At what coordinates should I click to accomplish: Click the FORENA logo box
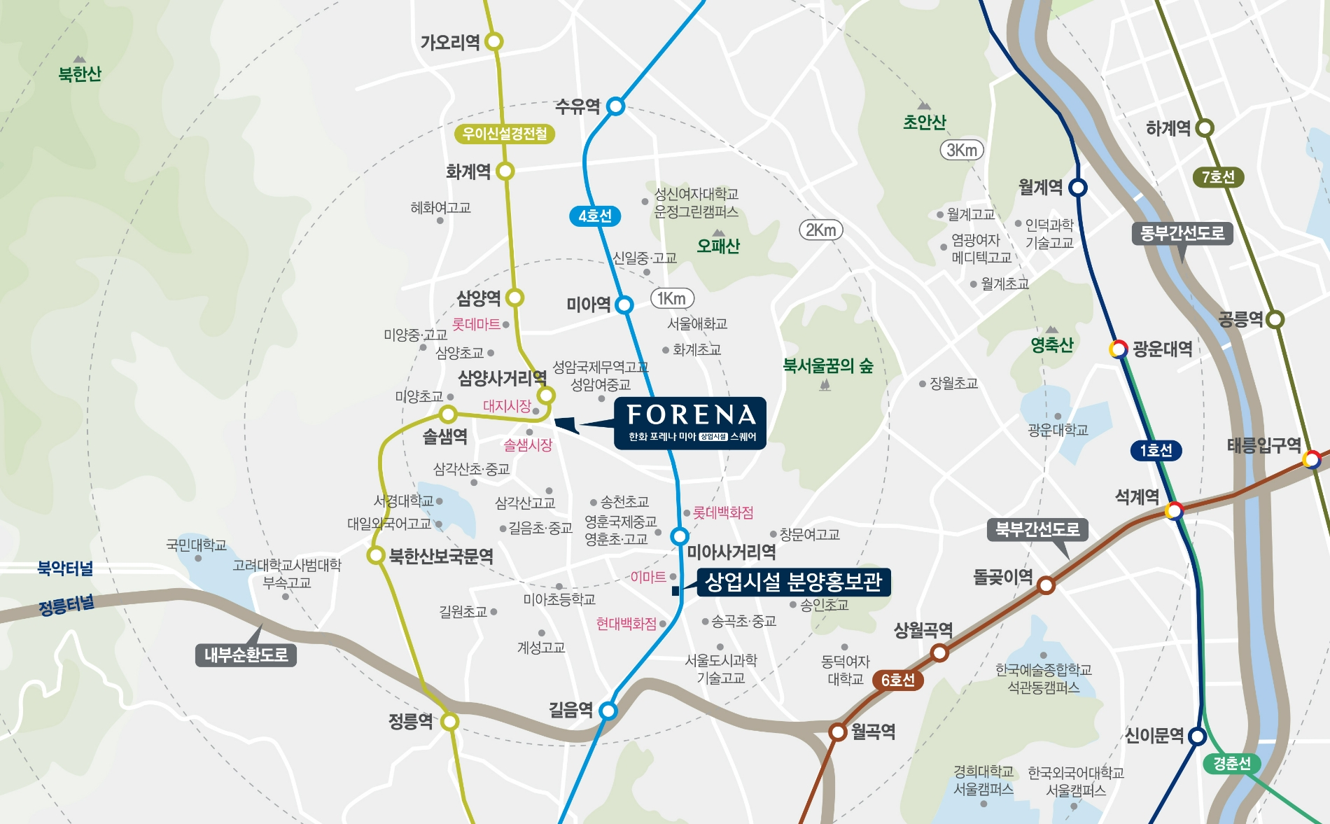tap(689, 423)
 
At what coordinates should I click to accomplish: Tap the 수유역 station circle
tap(615, 106)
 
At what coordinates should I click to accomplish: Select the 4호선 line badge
tap(595, 216)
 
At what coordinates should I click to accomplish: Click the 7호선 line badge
tap(1218, 177)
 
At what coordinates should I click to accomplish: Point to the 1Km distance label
tap(672, 298)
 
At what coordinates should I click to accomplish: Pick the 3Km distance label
tap(962, 150)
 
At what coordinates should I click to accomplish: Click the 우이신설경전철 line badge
tap(505, 134)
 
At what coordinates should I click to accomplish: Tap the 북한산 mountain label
tap(80, 74)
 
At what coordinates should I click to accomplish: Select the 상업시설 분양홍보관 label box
tap(793, 582)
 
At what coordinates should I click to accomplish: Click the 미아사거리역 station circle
tap(679, 536)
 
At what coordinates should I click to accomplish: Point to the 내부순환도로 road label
tap(246, 655)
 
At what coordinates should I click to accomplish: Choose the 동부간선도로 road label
tap(1182, 233)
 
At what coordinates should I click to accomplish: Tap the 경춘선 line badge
tap(1232, 763)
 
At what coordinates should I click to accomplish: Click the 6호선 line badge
tap(898, 680)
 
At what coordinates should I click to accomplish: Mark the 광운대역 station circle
tap(1119, 349)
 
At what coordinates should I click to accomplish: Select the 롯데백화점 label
tap(723, 512)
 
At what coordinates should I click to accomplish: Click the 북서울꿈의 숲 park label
tap(828, 365)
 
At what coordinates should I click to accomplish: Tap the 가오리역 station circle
tap(494, 41)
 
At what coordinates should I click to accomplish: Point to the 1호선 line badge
tap(1156, 450)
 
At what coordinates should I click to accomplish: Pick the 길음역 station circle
tap(608, 711)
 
